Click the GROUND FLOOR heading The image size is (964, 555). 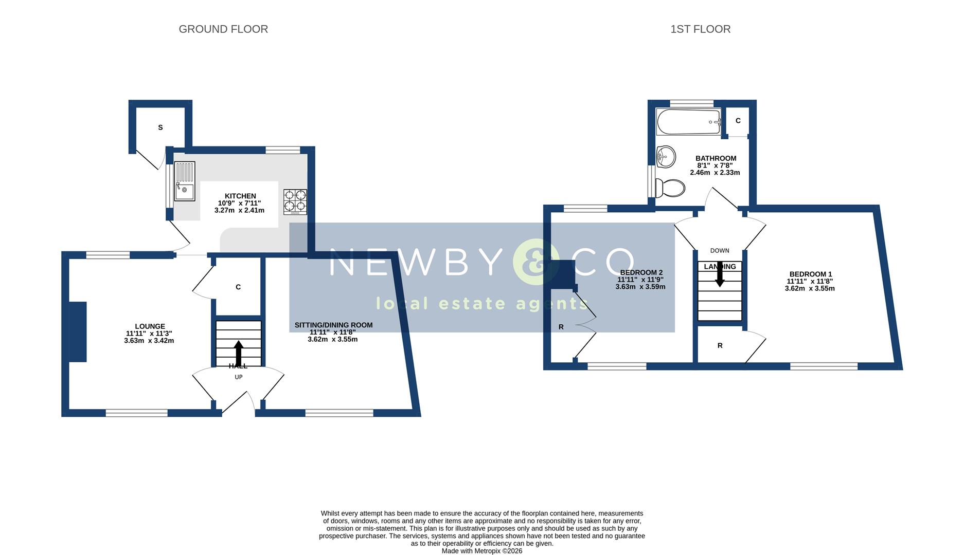point(223,29)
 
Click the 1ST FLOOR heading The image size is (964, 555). point(700,29)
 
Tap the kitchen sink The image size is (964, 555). point(185,181)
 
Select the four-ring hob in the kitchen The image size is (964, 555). point(295,202)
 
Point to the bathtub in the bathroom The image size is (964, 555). point(689,122)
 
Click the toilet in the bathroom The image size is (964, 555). point(670,188)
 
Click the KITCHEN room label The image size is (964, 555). point(240,196)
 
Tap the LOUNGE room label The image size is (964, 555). point(150,326)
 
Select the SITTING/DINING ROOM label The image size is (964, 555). point(333,325)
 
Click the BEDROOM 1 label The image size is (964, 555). point(810,274)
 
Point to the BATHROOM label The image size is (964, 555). point(716,158)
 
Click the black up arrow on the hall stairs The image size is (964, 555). point(238,353)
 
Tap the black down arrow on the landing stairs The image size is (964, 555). point(720,274)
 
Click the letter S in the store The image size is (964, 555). point(160,127)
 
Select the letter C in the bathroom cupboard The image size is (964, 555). point(738,121)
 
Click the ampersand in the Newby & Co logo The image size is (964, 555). point(536,262)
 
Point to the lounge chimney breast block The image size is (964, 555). point(78,332)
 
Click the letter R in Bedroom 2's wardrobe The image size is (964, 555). point(561,327)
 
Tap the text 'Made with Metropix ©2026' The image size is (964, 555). point(482,551)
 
